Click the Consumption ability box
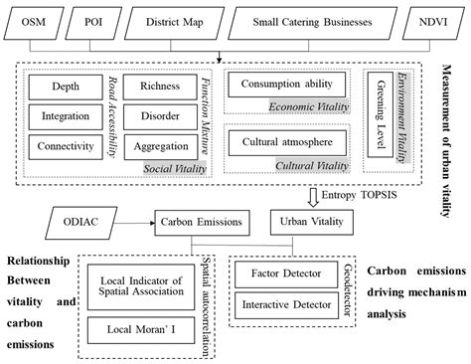(286, 84)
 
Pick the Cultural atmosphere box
(286, 141)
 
